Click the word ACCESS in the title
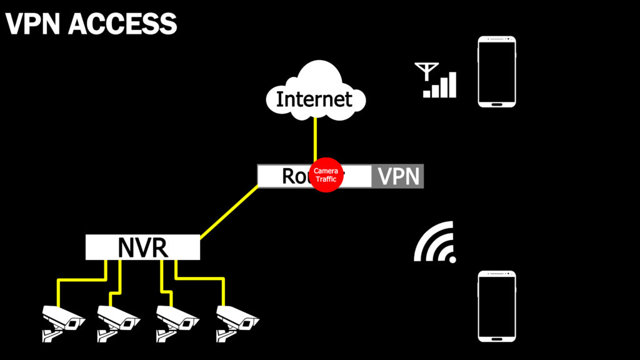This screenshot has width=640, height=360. [x=122, y=24]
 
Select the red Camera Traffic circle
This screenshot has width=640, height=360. [x=325, y=175]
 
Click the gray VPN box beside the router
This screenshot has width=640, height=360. [x=398, y=176]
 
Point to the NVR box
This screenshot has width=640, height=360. [x=142, y=247]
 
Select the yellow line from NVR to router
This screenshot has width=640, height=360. [x=229, y=212]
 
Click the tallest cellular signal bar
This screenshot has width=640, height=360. [x=452, y=85]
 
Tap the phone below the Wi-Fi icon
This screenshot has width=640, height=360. [x=497, y=306]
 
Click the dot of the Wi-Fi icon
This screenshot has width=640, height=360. [x=452, y=259]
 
